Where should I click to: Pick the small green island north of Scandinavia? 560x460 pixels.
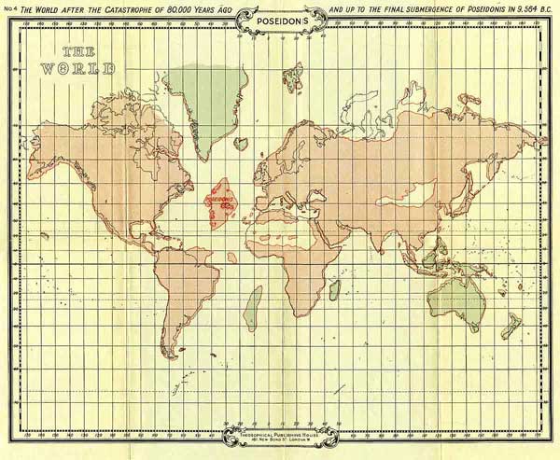[x=297, y=73]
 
